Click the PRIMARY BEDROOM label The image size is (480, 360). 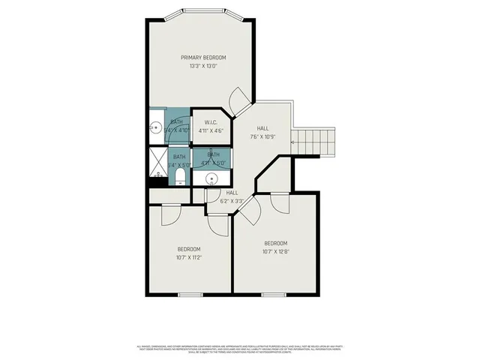pos(203,57)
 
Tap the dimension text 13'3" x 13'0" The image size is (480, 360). pos(203,66)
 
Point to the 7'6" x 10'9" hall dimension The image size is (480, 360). pos(262,137)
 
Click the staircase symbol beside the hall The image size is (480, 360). pos(313,139)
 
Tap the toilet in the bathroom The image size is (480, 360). pos(179,177)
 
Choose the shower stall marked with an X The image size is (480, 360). pos(158,160)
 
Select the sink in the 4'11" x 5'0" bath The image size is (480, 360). pos(212,178)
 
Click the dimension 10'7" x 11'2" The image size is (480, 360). pos(188,257)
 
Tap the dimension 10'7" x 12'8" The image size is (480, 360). pos(275,252)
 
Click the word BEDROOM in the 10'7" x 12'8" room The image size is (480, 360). pos(275,243)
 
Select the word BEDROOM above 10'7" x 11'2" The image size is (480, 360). pos(188,249)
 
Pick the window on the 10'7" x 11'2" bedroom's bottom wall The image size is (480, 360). pos(190,294)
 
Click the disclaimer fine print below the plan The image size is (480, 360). pos(240,349)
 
